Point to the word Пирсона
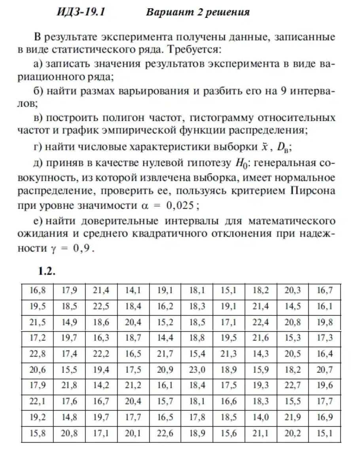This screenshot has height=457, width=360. [x=313, y=191]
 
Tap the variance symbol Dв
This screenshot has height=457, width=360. [x=284, y=148]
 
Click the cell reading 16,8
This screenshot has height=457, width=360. [x=38, y=290]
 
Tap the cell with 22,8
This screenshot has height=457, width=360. [x=38, y=354]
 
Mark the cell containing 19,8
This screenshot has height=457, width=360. [x=324, y=322]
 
